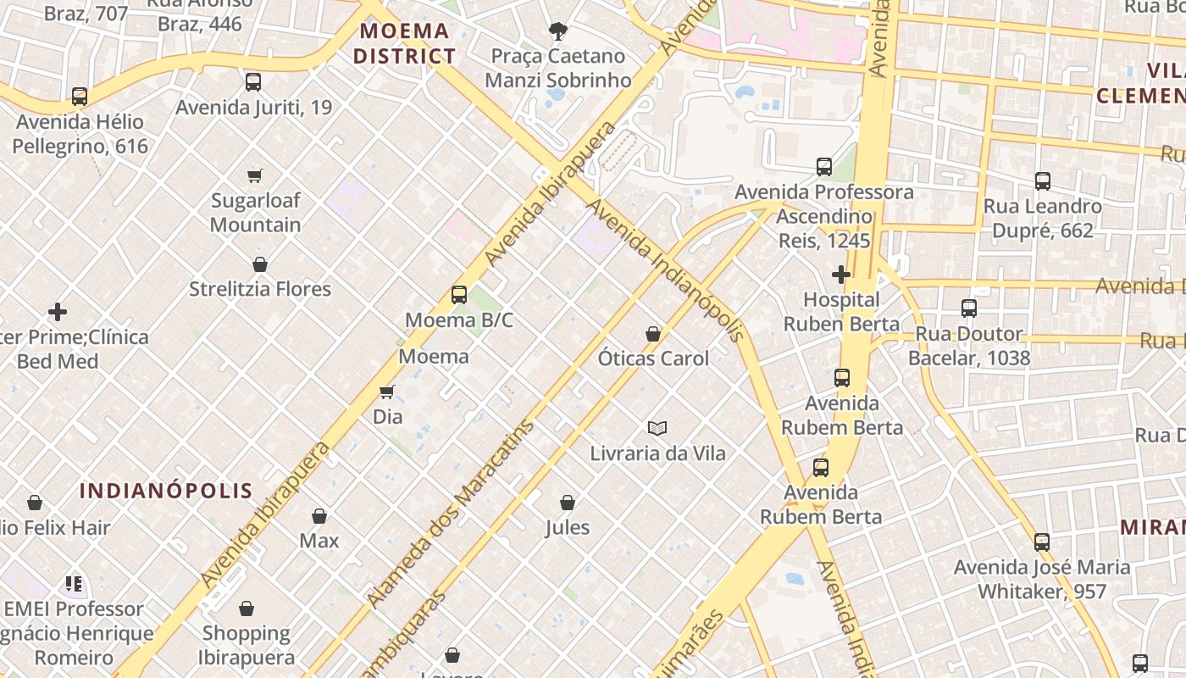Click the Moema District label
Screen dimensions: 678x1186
click(404, 44)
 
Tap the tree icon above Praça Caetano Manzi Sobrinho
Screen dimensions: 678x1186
click(557, 32)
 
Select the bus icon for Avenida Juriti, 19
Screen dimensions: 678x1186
click(253, 82)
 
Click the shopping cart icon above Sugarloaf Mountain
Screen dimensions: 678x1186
click(255, 175)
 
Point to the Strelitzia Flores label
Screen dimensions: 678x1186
click(260, 289)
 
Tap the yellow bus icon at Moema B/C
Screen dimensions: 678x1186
click(459, 295)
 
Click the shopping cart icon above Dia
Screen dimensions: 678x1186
click(387, 392)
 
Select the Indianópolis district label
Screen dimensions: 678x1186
click(166, 490)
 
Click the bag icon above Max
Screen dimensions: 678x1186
click(319, 516)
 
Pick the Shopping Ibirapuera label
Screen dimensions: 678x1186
click(247, 645)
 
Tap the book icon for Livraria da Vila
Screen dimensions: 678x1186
click(657, 428)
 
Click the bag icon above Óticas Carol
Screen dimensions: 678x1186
click(653, 334)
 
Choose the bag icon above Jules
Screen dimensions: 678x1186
click(568, 503)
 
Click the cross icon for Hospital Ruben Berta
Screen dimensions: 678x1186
click(840, 275)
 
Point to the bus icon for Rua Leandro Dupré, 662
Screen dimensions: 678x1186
click(1043, 181)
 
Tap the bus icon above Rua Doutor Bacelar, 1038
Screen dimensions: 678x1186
click(969, 308)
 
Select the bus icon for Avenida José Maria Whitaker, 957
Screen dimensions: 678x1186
click(1042, 542)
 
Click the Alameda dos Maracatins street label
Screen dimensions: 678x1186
click(452, 513)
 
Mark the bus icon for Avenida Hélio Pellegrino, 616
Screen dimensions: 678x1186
click(80, 97)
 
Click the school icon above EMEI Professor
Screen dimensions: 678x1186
click(74, 584)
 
